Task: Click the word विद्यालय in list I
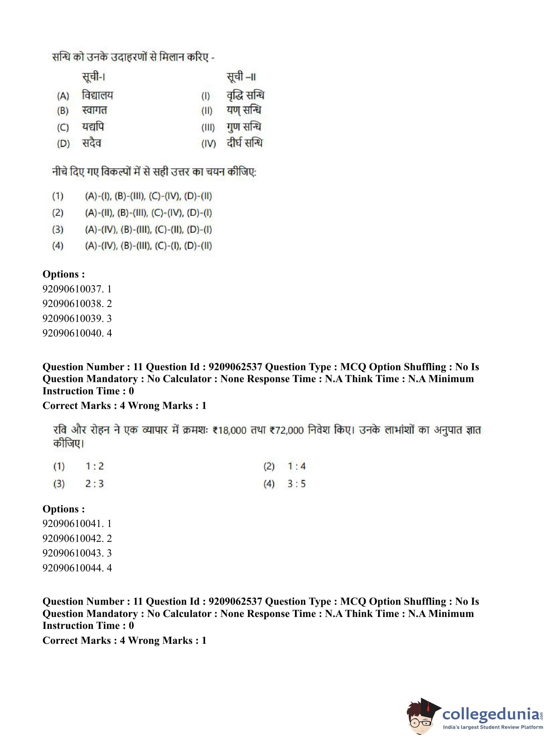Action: [97, 96]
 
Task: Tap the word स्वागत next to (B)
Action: [94, 110]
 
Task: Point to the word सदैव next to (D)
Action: [91, 143]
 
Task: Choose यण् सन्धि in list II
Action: [244, 110]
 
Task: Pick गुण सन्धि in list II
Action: [244, 127]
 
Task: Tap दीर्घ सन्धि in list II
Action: [245, 143]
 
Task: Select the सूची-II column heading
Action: [241, 77]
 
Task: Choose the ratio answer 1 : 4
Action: [296, 466]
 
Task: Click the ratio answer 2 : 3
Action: [94, 484]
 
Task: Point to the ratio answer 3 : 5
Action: [296, 484]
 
